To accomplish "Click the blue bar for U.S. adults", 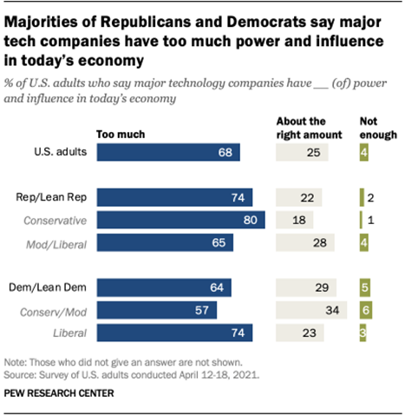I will [x=168, y=153].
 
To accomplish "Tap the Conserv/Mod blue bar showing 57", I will [x=156, y=309].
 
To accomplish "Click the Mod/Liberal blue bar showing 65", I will [x=165, y=242].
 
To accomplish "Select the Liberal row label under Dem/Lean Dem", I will [x=74, y=332].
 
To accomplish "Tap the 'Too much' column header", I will [x=121, y=135].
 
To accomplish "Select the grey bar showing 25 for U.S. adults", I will [x=302, y=153].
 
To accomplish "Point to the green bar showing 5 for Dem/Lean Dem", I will [x=365, y=287].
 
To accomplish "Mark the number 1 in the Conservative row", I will [x=370, y=220].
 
